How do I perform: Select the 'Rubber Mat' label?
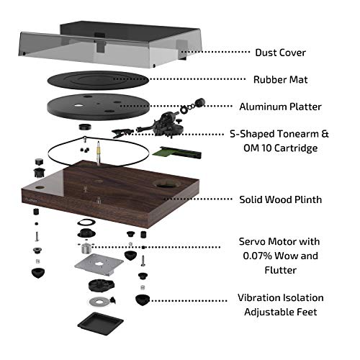[281, 79]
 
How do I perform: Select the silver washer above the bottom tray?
[103, 300]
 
